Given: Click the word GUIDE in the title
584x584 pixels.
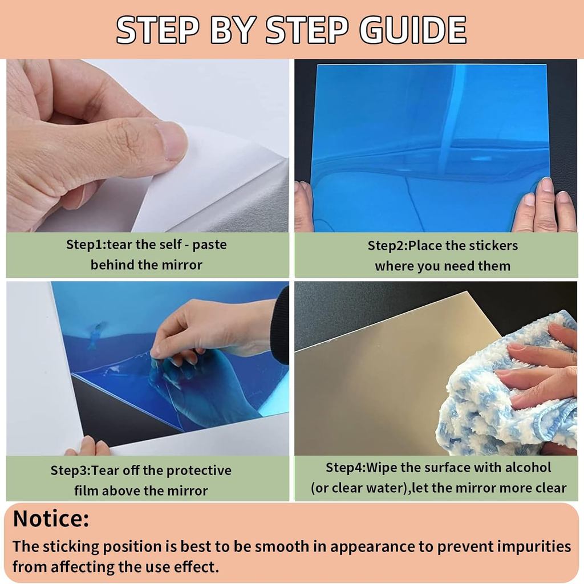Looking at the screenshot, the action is click(x=413, y=30).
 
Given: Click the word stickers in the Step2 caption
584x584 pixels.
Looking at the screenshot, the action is click(x=493, y=246).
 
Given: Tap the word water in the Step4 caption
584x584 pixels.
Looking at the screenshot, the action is click(x=390, y=488).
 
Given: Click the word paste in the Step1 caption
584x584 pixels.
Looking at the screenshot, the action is click(x=209, y=245).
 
